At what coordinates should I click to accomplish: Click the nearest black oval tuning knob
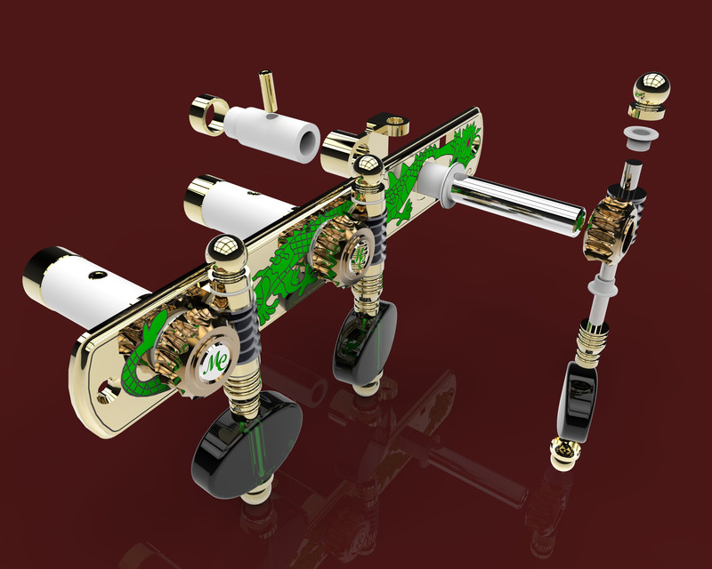pos(247,449)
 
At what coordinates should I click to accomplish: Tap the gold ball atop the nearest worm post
pos(225,253)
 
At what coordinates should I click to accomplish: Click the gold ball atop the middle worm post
pos(368,168)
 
